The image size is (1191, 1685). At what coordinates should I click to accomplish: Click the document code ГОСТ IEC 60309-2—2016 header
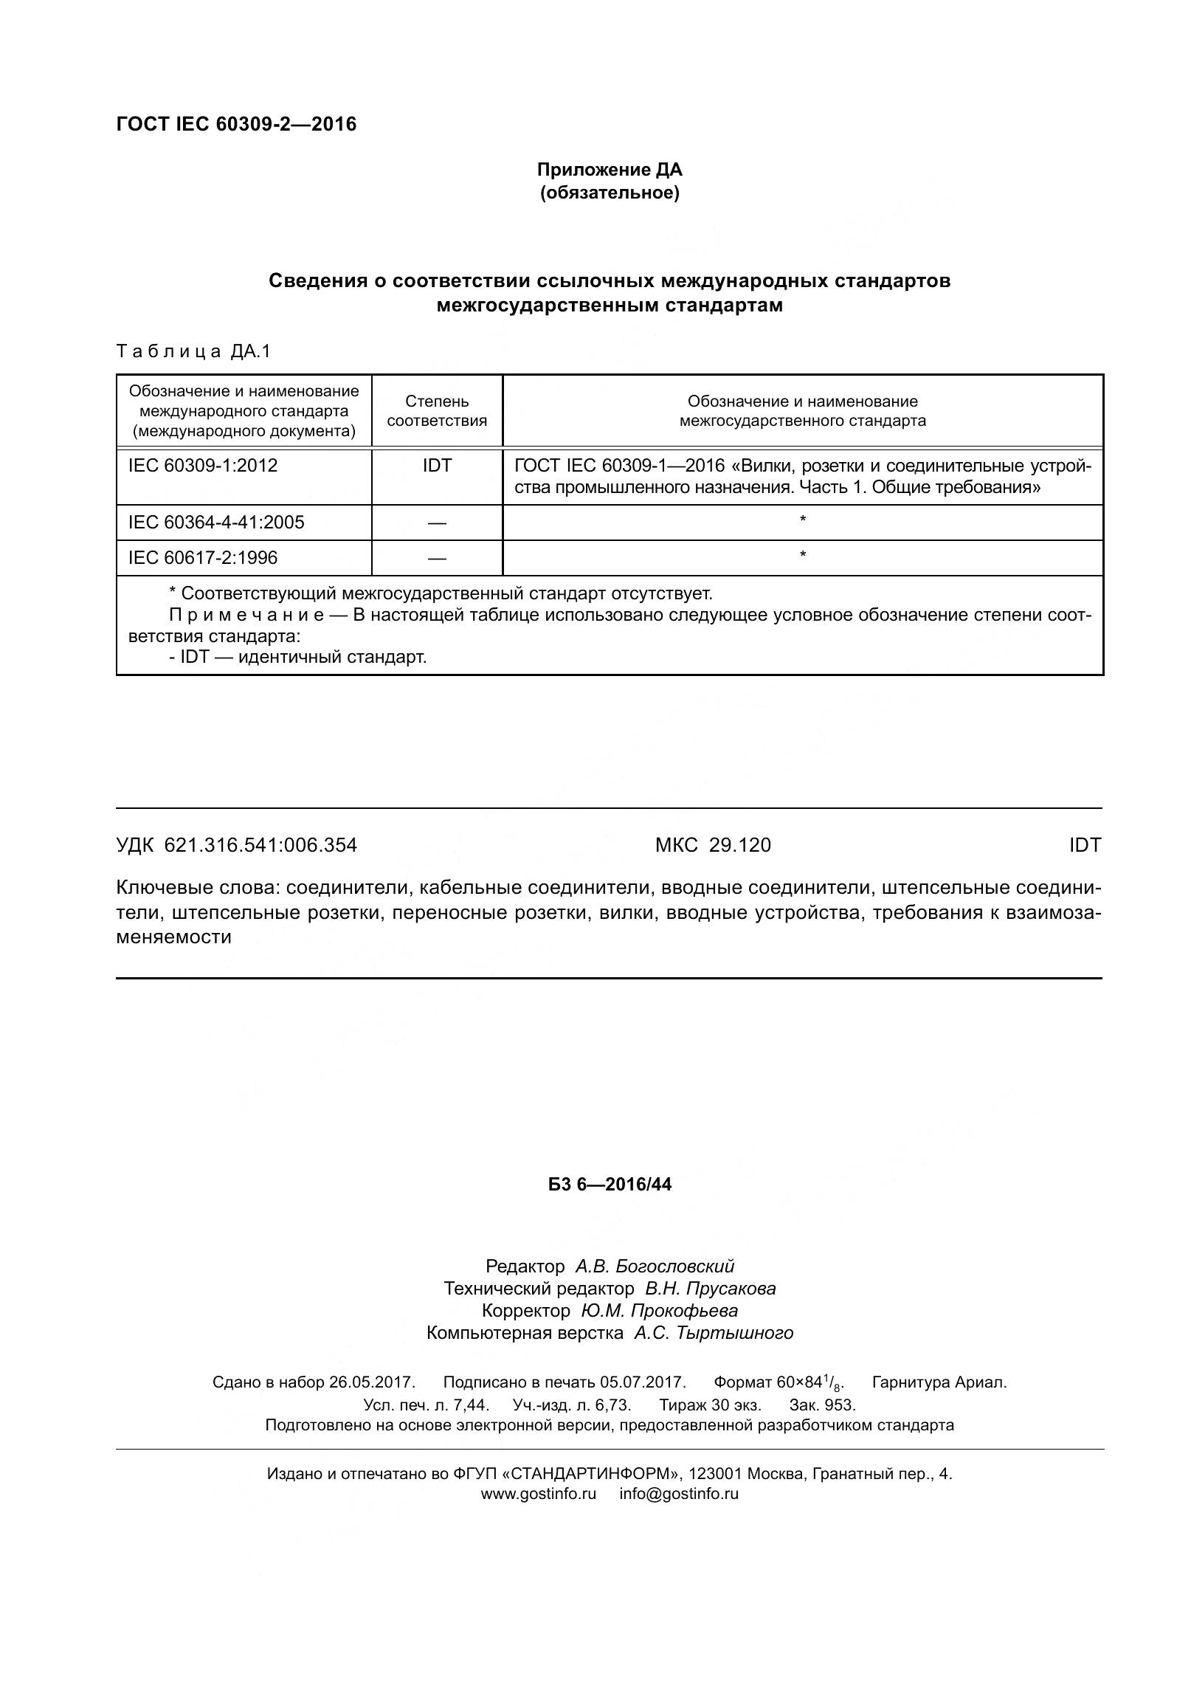tap(236, 124)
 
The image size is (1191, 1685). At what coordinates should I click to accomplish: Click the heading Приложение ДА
tap(609, 170)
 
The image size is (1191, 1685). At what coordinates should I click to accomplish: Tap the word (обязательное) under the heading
tap(609, 193)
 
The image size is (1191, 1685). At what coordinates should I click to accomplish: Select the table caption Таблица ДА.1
tap(193, 351)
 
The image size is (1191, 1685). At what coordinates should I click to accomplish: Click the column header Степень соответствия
tap(437, 411)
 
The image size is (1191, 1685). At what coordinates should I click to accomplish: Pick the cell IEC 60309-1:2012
tap(203, 466)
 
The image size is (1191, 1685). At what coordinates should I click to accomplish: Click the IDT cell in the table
tap(437, 466)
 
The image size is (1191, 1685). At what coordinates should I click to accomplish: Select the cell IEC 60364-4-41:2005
tap(216, 523)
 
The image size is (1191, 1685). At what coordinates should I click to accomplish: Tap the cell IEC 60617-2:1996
tap(203, 557)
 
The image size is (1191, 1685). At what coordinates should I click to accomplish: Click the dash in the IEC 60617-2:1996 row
tap(437, 559)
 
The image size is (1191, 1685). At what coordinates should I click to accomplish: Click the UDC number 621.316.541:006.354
tap(260, 845)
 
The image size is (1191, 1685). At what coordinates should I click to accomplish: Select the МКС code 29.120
tap(739, 845)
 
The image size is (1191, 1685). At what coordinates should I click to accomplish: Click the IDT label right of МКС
tap(1084, 845)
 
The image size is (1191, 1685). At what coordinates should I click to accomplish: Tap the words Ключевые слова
tap(198, 888)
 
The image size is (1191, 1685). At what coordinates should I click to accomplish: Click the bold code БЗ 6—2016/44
tap(610, 1185)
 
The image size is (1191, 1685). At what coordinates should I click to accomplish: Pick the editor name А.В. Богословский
tap(655, 1267)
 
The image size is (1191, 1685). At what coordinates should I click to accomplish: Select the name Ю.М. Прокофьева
tap(659, 1311)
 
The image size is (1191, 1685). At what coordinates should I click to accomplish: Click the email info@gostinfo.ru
tap(679, 1494)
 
